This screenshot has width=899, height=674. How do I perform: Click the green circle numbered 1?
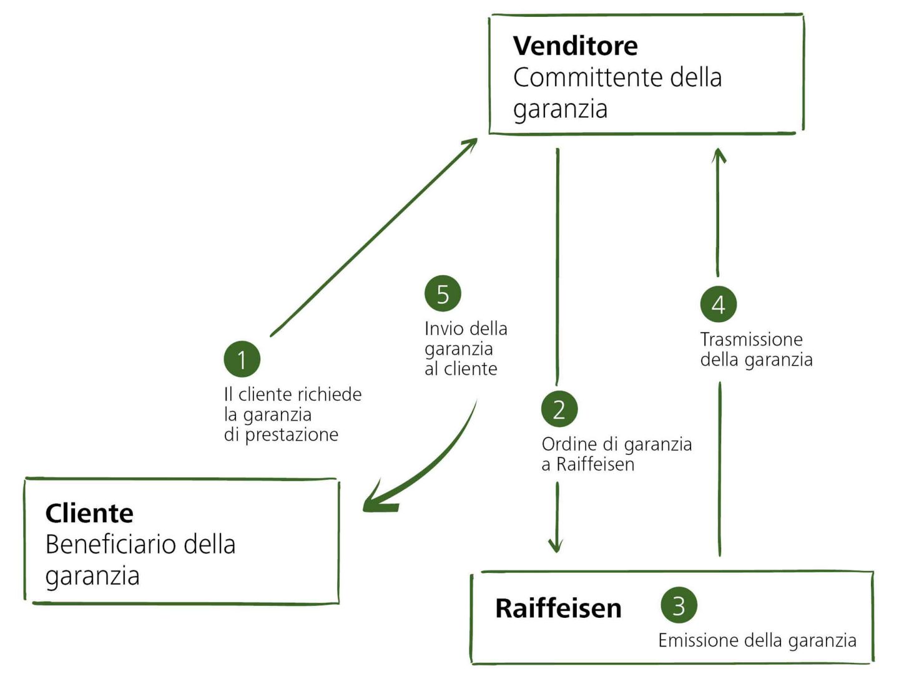tap(242, 359)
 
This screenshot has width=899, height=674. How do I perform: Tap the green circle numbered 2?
tap(559, 409)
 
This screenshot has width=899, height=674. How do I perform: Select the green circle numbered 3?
tap(679, 605)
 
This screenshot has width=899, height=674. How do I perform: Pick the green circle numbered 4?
tap(718, 305)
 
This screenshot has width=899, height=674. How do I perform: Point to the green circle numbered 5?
tap(443, 294)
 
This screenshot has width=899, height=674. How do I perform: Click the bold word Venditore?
tap(575, 46)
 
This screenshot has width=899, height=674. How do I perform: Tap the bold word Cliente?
tap(89, 513)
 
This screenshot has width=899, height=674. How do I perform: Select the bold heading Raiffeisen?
tap(558, 608)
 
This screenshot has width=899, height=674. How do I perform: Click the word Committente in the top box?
tap(587, 77)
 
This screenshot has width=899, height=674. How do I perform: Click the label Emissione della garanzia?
tap(757, 640)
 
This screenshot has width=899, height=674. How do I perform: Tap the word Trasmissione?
tap(751, 339)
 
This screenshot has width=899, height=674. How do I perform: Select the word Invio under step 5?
tap(443, 329)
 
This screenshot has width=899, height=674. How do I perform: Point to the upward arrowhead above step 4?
tap(719, 156)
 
